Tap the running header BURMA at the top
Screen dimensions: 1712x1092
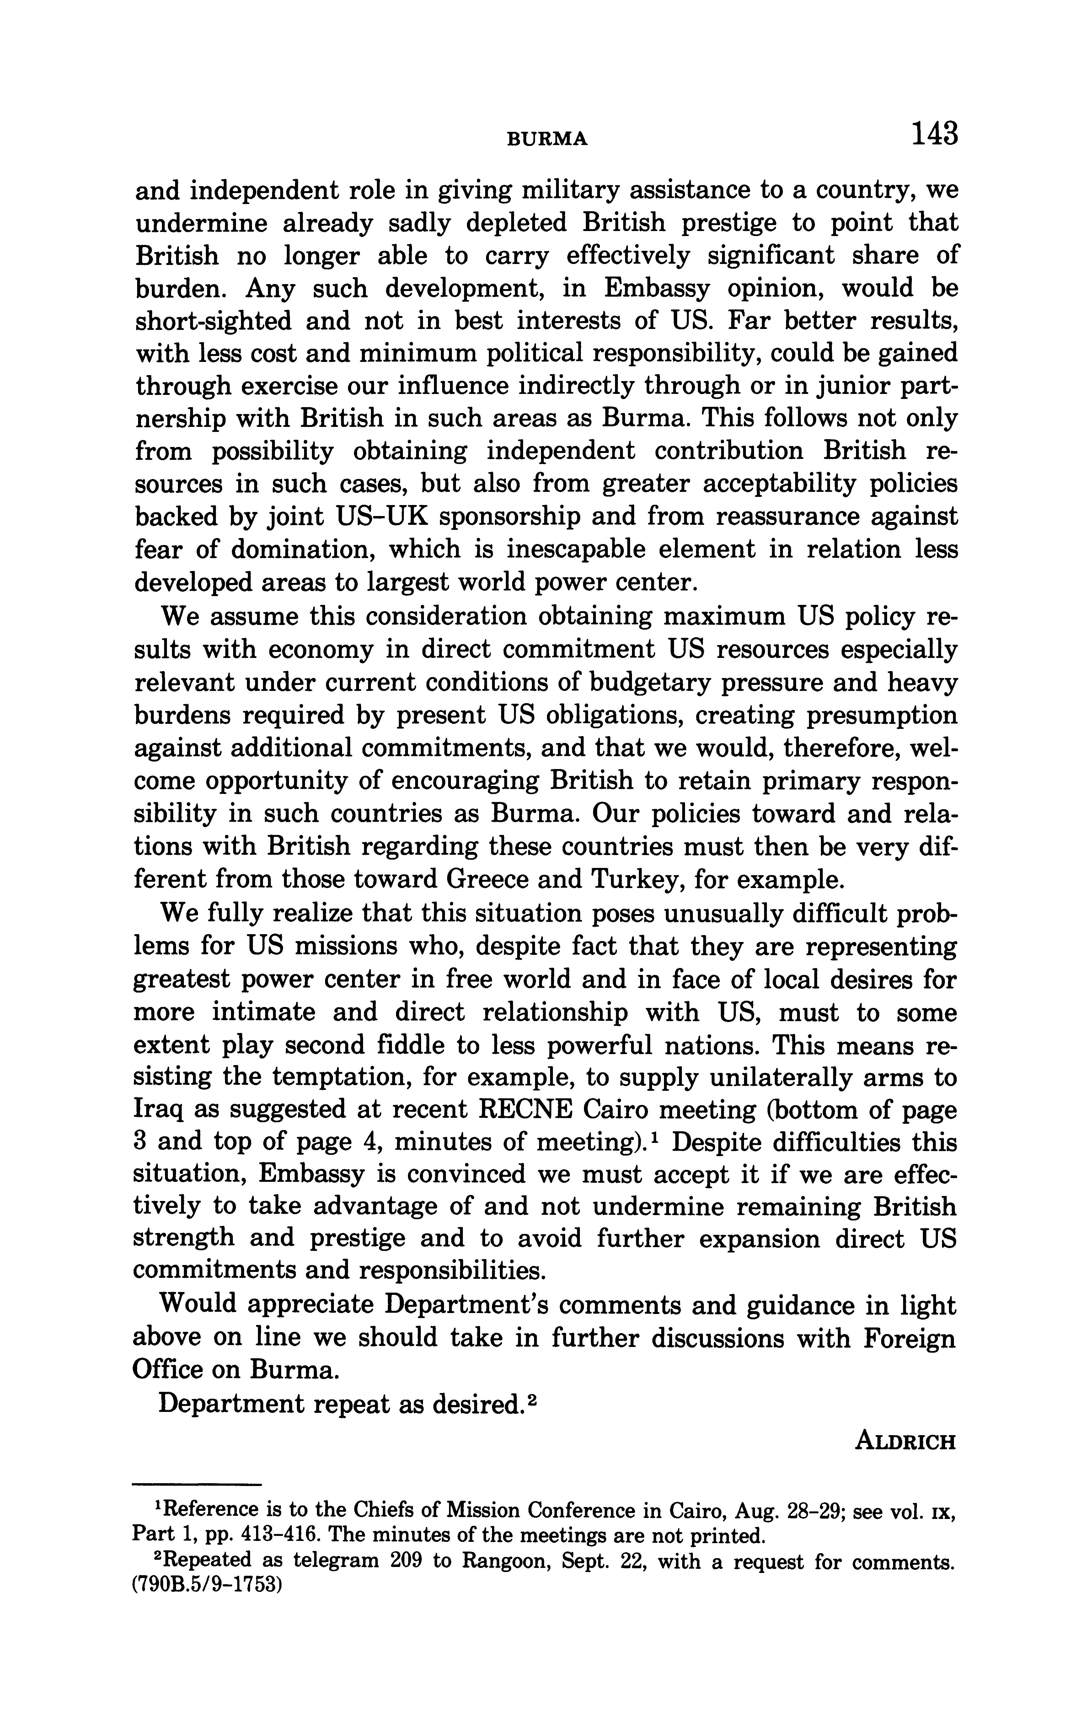pyautogui.click(x=548, y=139)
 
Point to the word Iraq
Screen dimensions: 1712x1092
pyautogui.click(x=158, y=1110)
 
